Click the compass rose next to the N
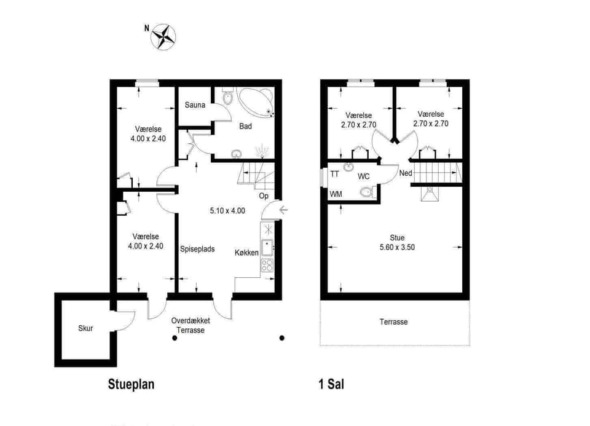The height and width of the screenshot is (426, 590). click(x=163, y=37)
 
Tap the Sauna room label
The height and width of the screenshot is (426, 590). click(x=195, y=105)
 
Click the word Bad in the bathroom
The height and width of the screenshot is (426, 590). click(x=245, y=127)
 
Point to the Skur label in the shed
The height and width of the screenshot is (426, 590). click(x=85, y=328)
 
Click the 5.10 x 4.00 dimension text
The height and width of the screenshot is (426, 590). click(x=227, y=211)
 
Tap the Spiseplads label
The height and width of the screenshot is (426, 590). click(x=197, y=249)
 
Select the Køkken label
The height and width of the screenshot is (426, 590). click(x=246, y=253)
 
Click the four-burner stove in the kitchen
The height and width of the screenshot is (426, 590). click(x=267, y=266)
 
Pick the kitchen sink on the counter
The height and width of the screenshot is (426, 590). click(x=267, y=248)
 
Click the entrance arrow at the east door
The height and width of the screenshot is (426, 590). click(x=283, y=210)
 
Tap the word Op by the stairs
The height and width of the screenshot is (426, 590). click(x=264, y=196)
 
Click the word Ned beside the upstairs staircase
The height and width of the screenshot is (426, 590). click(x=406, y=173)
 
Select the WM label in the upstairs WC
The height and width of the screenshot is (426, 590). click(x=336, y=194)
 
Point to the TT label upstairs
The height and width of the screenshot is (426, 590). click(x=334, y=174)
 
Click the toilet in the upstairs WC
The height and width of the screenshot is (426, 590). click(x=366, y=192)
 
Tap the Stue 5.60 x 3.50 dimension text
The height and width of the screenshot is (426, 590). click(x=397, y=247)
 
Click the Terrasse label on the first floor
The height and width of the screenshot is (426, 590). click(x=393, y=321)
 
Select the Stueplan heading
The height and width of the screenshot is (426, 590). click(x=131, y=384)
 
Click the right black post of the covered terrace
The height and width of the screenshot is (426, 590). click(x=282, y=338)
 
